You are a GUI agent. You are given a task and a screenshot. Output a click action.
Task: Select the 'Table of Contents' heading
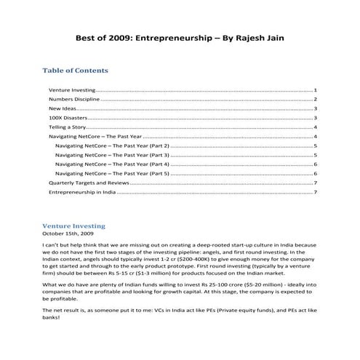[76, 71]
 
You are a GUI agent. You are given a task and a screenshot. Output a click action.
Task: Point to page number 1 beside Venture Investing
[315, 89]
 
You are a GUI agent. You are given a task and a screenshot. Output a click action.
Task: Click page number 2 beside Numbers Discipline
[315, 99]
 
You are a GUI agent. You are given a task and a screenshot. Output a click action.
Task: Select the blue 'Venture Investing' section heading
[74, 226]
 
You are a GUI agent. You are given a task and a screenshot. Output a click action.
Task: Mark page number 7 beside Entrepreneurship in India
[315, 193]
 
